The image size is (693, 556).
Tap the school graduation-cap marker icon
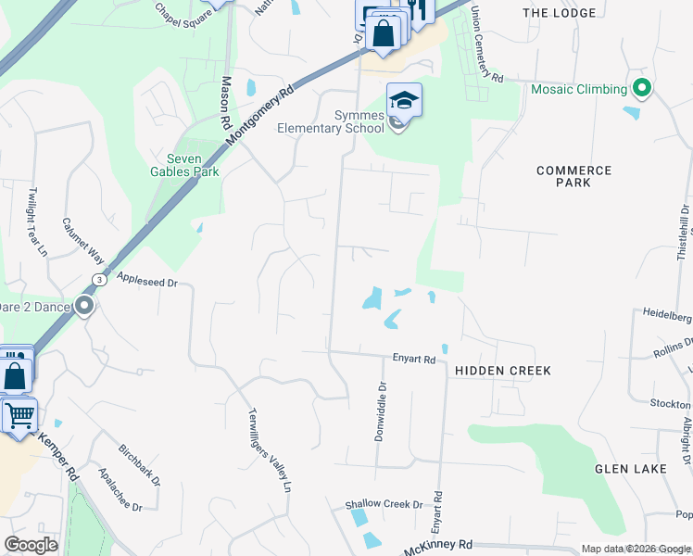(x=404, y=99)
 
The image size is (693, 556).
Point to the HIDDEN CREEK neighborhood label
(x=503, y=371)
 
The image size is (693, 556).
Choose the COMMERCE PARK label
(x=573, y=177)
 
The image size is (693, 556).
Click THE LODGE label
(x=556, y=13)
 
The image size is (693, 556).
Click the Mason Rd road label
(x=224, y=102)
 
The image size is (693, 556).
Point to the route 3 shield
(x=97, y=279)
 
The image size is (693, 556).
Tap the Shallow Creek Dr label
(x=384, y=505)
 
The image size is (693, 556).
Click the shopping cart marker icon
(x=19, y=415)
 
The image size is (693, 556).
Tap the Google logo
(x=31, y=545)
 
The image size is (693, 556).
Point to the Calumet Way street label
(x=81, y=242)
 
